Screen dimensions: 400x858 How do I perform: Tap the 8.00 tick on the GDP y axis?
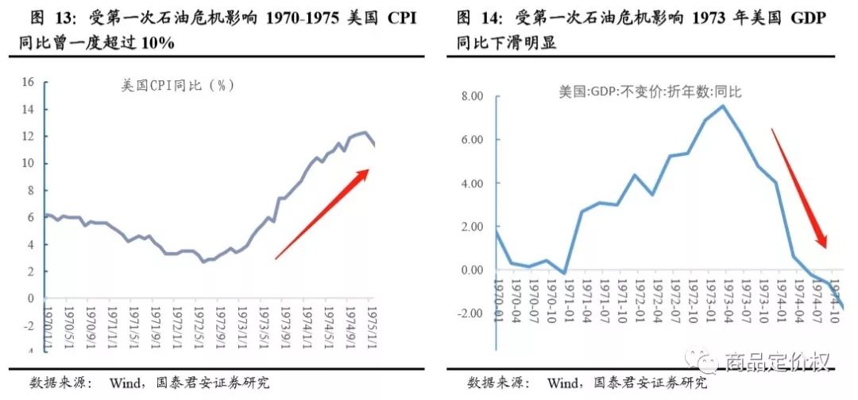[x=472, y=96]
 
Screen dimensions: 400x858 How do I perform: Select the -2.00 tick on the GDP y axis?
[x=470, y=313]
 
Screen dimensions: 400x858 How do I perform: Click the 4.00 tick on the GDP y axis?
[x=472, y=183]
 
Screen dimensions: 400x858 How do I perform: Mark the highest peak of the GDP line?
[x=723, y=106]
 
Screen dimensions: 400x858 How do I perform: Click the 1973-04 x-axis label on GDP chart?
[x=724, y=297]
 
